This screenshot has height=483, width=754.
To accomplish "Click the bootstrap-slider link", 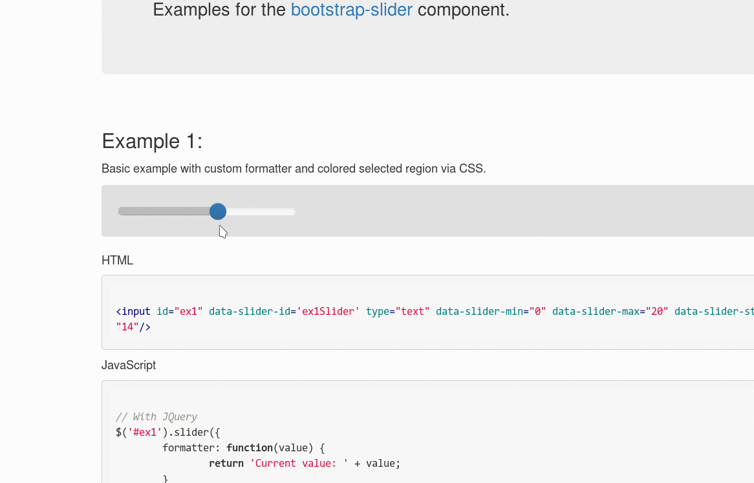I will [351, 10].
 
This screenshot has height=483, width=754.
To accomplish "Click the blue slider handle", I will [218, 211].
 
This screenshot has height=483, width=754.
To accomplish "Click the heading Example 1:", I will [152, 141].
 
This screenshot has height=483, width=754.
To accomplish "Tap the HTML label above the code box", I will [117, 261].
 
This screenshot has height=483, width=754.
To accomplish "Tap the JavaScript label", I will [128, 365].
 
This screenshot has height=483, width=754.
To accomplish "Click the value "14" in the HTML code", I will [127, 327].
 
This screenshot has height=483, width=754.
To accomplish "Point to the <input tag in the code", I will [133, 312].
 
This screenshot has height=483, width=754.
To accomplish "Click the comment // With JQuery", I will [156, 417].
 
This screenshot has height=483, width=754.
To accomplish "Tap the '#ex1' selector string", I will [145, 433].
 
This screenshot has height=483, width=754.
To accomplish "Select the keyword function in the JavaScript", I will [250, 448].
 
